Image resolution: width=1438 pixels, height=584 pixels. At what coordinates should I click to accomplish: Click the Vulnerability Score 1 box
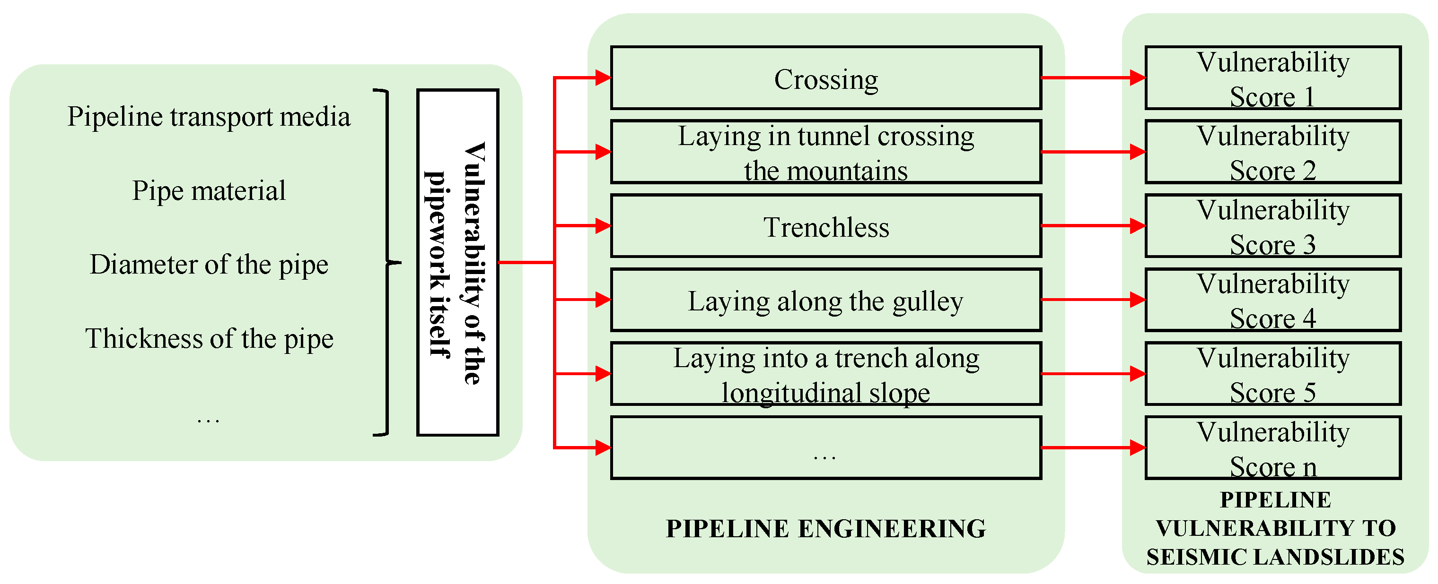click(1273, 78)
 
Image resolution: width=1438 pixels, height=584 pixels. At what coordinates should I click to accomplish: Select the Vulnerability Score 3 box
click(1273, 226)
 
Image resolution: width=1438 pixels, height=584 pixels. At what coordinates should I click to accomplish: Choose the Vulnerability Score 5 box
click(1273, 374)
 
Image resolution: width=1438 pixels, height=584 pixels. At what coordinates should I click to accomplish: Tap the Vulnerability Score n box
click(1273, 448)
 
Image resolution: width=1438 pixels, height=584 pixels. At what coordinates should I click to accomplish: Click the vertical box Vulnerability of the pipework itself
click(458, 262)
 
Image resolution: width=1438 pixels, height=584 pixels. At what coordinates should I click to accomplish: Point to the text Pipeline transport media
click(209, 117)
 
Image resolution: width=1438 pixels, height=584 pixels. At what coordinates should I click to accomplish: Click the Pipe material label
click(209, 191)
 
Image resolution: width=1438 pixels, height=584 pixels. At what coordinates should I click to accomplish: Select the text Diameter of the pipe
click(209, 265)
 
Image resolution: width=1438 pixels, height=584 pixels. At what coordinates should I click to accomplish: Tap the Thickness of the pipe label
click(209, 339)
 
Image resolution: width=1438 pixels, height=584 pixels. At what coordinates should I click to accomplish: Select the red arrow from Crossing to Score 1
click(1091, 78)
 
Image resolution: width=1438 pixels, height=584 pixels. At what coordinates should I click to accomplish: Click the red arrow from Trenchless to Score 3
click(1091, 226)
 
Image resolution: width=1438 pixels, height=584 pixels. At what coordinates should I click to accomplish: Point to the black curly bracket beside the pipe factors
click(388, 262)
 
